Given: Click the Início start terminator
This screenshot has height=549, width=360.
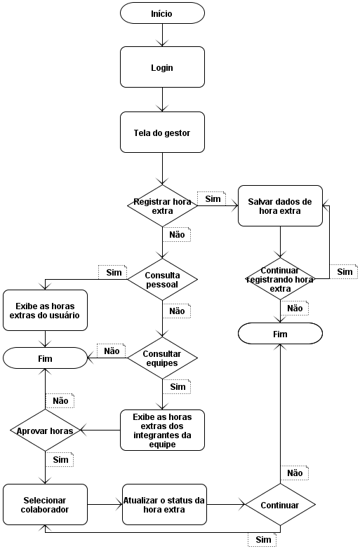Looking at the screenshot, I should pos(162,13).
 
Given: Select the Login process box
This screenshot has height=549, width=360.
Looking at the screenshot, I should pos(162,67).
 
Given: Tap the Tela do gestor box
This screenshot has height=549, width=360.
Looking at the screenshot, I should pos(162,133).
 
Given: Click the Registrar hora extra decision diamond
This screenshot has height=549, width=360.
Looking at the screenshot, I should pos(162,205).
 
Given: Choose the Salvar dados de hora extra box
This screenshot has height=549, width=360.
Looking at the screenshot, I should pos(280,205).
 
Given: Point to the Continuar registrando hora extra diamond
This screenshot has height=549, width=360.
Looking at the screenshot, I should pos(280,279).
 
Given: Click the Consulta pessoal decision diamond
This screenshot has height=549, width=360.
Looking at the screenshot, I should pos(162,280).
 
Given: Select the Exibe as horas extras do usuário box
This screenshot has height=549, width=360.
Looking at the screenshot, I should pos(46,311).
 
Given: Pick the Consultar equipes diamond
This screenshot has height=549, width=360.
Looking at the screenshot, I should pos(162,358).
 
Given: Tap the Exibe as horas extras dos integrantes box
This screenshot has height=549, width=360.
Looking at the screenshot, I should pos(162,430).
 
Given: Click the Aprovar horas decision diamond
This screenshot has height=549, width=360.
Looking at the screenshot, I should pos(46,431).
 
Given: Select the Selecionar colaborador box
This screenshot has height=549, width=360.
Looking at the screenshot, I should pos(46,504).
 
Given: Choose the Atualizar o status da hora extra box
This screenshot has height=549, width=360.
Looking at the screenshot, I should pos(164,504).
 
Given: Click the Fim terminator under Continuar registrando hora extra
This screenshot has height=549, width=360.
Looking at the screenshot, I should pos(280,334).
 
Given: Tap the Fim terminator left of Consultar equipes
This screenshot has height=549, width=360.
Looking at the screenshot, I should pos(46,358).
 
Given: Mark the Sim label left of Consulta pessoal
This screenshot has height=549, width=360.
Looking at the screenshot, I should pos(113,272).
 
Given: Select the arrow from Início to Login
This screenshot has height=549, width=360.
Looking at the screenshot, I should pos(162,34).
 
